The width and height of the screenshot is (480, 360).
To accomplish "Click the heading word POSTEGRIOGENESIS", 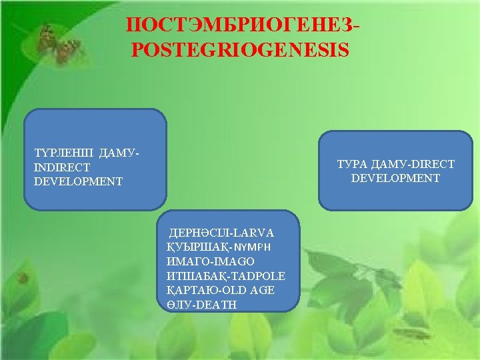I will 240,50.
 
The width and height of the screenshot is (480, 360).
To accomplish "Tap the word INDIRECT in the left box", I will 62,167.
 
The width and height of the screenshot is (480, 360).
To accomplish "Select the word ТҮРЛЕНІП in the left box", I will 63,153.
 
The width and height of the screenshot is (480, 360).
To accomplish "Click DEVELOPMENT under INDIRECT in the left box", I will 79,181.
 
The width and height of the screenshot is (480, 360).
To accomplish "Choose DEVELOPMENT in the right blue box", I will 395,178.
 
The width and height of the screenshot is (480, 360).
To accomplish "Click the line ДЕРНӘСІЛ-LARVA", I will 222,233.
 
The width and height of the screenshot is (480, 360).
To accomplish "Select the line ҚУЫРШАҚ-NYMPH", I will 219,247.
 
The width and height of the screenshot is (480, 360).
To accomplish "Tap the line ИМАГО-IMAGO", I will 211,261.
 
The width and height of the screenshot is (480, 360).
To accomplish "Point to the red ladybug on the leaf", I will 23,277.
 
